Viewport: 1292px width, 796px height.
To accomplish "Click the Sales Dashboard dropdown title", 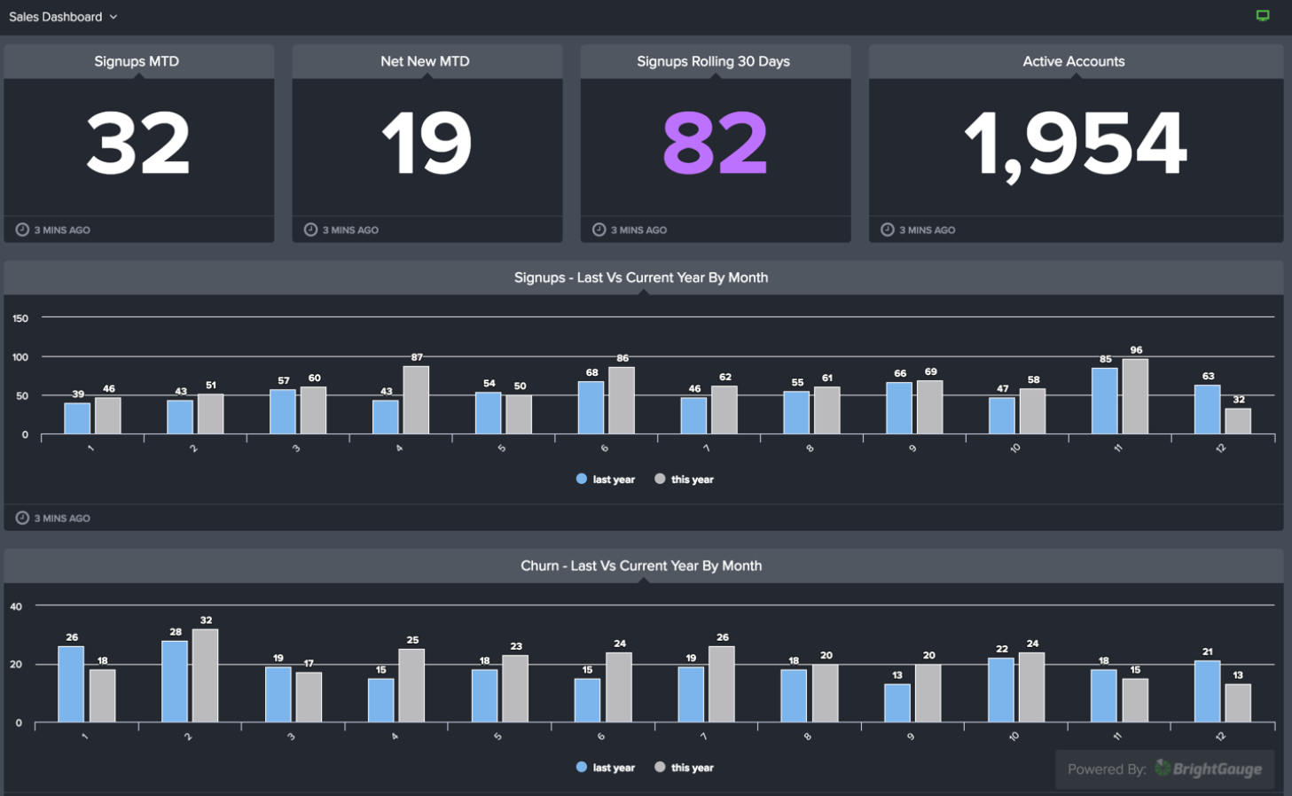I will (62, 17).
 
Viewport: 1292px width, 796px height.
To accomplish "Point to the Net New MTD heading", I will (425, 61).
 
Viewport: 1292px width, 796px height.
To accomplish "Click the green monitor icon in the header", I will (1263, 16).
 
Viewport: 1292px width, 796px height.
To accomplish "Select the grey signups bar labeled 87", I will (416, 400).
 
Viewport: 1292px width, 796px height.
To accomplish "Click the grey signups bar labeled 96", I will (1135, 396).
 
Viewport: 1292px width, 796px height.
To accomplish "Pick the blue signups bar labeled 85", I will (1105, 401).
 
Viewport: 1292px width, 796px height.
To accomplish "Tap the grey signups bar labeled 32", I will (1238, 421).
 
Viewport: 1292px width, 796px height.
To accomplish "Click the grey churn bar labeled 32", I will (205, 675).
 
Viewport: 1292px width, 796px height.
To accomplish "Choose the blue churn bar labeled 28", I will (175, 681).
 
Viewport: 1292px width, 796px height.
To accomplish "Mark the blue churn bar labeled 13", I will (897, 702).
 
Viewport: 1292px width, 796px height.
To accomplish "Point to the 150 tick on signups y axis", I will (20, 318).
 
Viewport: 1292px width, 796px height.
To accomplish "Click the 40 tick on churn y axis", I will (16, 607).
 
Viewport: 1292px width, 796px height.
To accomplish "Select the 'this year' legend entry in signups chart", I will (684, 480).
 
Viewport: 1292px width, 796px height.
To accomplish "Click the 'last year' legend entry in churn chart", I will (606, 768).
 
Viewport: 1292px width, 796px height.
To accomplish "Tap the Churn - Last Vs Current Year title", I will (641, 566).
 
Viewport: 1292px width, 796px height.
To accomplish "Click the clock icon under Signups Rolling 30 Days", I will (599, 230).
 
